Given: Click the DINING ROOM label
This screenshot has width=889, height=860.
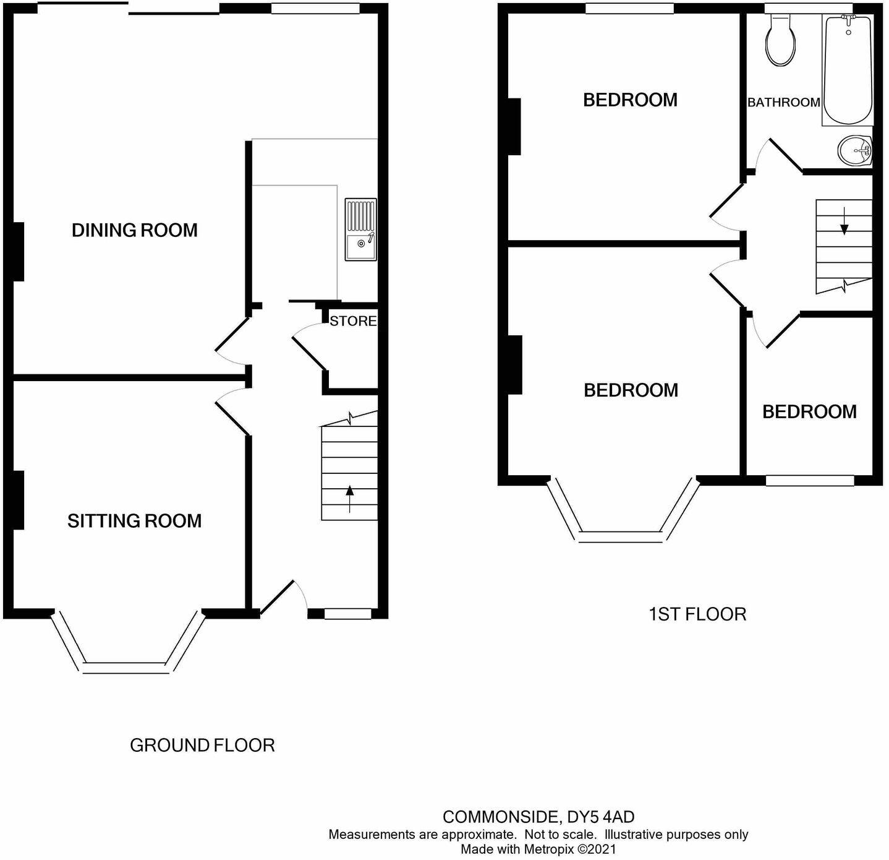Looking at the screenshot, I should pyautogui.click(x=135, y=230).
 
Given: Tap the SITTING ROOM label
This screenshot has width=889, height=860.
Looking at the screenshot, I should pyautogui.click(x=135, y=521).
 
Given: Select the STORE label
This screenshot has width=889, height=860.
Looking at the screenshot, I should pyautogui.click(x=353, y=320).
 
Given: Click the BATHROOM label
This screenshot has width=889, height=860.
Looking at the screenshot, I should pyautogui.click(x=783, y=103).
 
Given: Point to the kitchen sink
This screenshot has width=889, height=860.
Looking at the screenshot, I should pyautogui.click(x=360, y=230).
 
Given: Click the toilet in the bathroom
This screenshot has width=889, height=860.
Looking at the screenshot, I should pyautogui.click(x=781, y=40).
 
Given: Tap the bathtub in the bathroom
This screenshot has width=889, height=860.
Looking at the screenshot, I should pyautogui.click(x=847, y=69).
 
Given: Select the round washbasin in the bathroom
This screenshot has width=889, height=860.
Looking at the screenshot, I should pyautogui.click(x=856, y=150).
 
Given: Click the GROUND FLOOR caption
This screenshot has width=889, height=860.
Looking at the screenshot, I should pyautogui.click(x=202, y=745).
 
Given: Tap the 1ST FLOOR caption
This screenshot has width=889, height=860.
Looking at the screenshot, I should pyautogui.click(x=697, y=614).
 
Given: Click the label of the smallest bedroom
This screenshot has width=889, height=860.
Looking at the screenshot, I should pyautogui.click(x=809, y=411).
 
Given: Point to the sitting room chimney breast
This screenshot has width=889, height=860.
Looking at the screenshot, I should pyautogui.click(x=18, y=500).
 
